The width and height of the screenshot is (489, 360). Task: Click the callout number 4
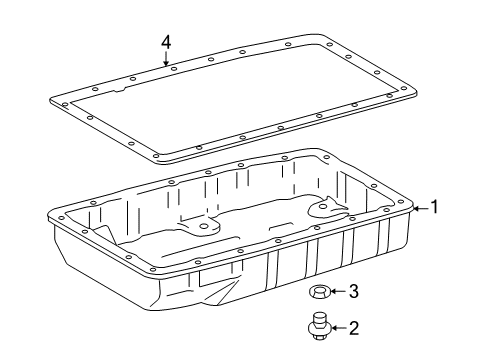(x=166, y=43)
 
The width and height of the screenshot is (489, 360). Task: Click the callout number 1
(x=434, y=207)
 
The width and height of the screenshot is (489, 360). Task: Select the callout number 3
(x=354, y=291)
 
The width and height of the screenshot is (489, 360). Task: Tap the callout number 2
(x=354, y=328)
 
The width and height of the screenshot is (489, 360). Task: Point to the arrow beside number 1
(x=421, y=209)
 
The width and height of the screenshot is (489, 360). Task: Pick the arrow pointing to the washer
(x=339, y=291)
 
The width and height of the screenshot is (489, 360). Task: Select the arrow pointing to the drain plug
(x=340, y=328)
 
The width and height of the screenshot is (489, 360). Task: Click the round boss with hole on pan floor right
(x=323, y=207)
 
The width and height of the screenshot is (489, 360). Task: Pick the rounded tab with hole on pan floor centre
(x=203, y=226)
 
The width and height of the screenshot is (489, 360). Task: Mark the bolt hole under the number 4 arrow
(x=173, y=69)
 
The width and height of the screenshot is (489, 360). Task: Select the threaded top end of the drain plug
(x=320, y=317)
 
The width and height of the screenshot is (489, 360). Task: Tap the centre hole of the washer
(x=320, y=291)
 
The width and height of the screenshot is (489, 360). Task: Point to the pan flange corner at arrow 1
(x=411, y=207)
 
